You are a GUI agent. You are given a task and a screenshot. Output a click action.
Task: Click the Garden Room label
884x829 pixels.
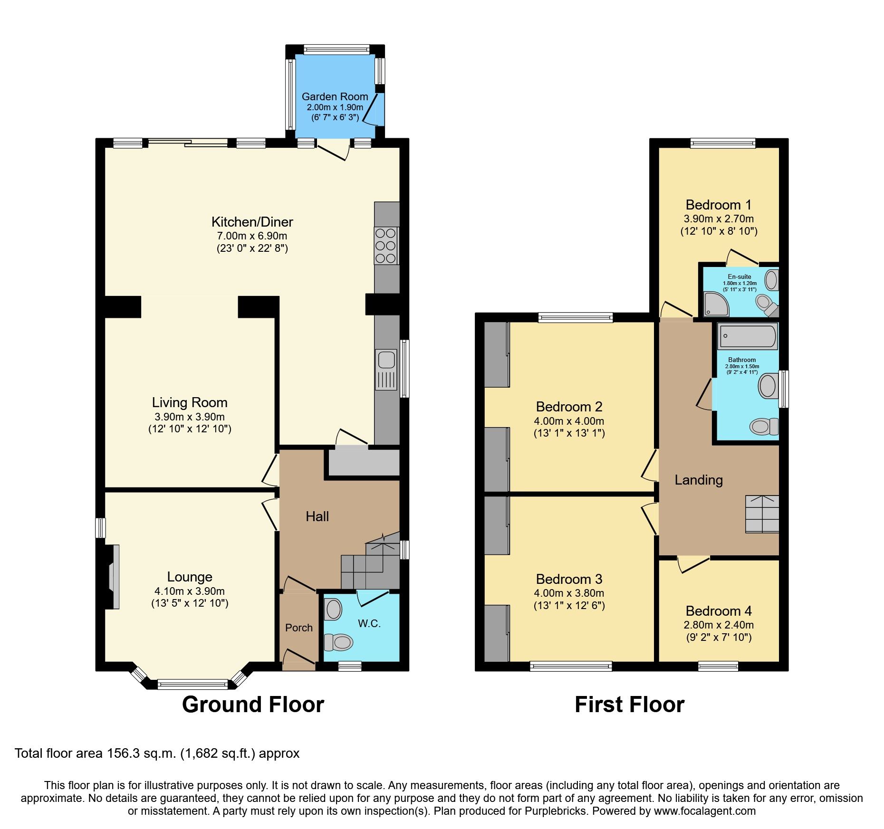[335, 97]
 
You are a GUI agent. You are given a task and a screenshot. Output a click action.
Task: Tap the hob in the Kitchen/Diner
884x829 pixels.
[385, 246]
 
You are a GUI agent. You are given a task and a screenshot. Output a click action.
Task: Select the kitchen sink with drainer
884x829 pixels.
[386, 370]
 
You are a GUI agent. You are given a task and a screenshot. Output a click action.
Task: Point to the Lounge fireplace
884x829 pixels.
[113, 576]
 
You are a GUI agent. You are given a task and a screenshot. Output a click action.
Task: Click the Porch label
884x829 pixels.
[298, 628]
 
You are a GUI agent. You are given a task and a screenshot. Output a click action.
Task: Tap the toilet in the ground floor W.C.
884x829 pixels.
[339, 643]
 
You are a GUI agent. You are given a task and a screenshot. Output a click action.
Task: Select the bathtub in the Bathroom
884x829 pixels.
[747, 336]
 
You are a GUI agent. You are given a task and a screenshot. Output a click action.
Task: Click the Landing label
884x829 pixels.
[698, 480]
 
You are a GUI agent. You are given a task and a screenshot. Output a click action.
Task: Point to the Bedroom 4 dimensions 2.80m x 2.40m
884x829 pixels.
[718, 625]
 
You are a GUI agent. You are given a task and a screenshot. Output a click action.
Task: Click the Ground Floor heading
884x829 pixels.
[253, 704]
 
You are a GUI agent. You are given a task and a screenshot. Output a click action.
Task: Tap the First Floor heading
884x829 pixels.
[629, 704]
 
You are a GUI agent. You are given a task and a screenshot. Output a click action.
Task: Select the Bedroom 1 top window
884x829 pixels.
[722, 143]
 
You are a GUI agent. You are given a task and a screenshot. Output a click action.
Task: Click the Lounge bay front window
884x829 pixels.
[192, 685]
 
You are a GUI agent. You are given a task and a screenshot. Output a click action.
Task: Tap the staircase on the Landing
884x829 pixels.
[762, 514]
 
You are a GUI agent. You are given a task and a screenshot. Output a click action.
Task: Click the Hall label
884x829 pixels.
[317, 516]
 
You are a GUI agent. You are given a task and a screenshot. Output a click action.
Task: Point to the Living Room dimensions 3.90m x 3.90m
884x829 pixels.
[190, 417]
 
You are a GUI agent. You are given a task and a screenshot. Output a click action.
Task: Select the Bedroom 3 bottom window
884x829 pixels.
[571, 666]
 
